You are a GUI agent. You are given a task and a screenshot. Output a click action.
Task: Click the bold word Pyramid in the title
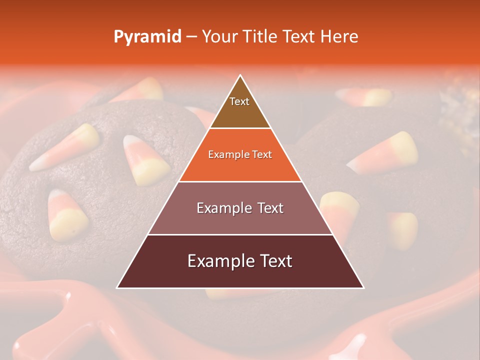coord(147,37)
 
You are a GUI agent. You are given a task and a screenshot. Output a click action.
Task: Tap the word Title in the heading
coord(261,37)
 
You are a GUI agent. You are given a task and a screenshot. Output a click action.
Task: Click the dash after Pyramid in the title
coord(191,37)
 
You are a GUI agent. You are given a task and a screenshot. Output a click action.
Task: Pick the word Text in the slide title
coord(301,37)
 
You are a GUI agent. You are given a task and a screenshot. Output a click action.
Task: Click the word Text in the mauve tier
coord(270,208)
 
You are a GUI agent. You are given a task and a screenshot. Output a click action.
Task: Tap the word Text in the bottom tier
coord(274,261)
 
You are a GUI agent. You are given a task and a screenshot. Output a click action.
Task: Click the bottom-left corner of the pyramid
coord(117,287)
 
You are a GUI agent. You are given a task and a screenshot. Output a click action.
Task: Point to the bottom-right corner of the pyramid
coord(363,287)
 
